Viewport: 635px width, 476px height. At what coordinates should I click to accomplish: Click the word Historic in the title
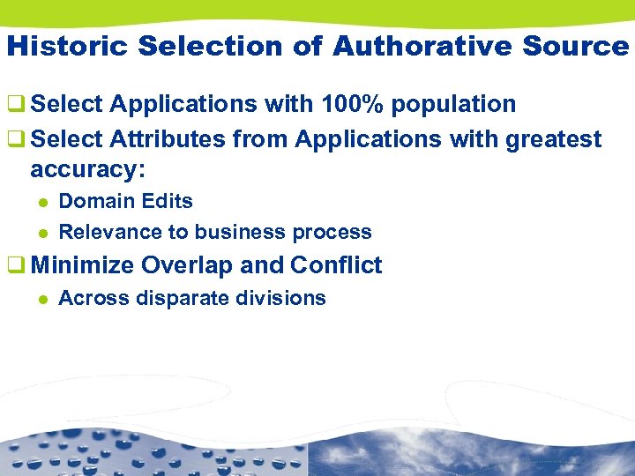tap(56, 46)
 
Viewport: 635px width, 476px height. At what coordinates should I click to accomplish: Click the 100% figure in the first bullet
tap(352, 104)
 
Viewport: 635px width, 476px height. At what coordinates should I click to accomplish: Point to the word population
tap(454, 104)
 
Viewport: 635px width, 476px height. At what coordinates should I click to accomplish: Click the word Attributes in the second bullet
tap(168, 139)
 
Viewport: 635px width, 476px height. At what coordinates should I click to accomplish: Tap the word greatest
tap(554, 139)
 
